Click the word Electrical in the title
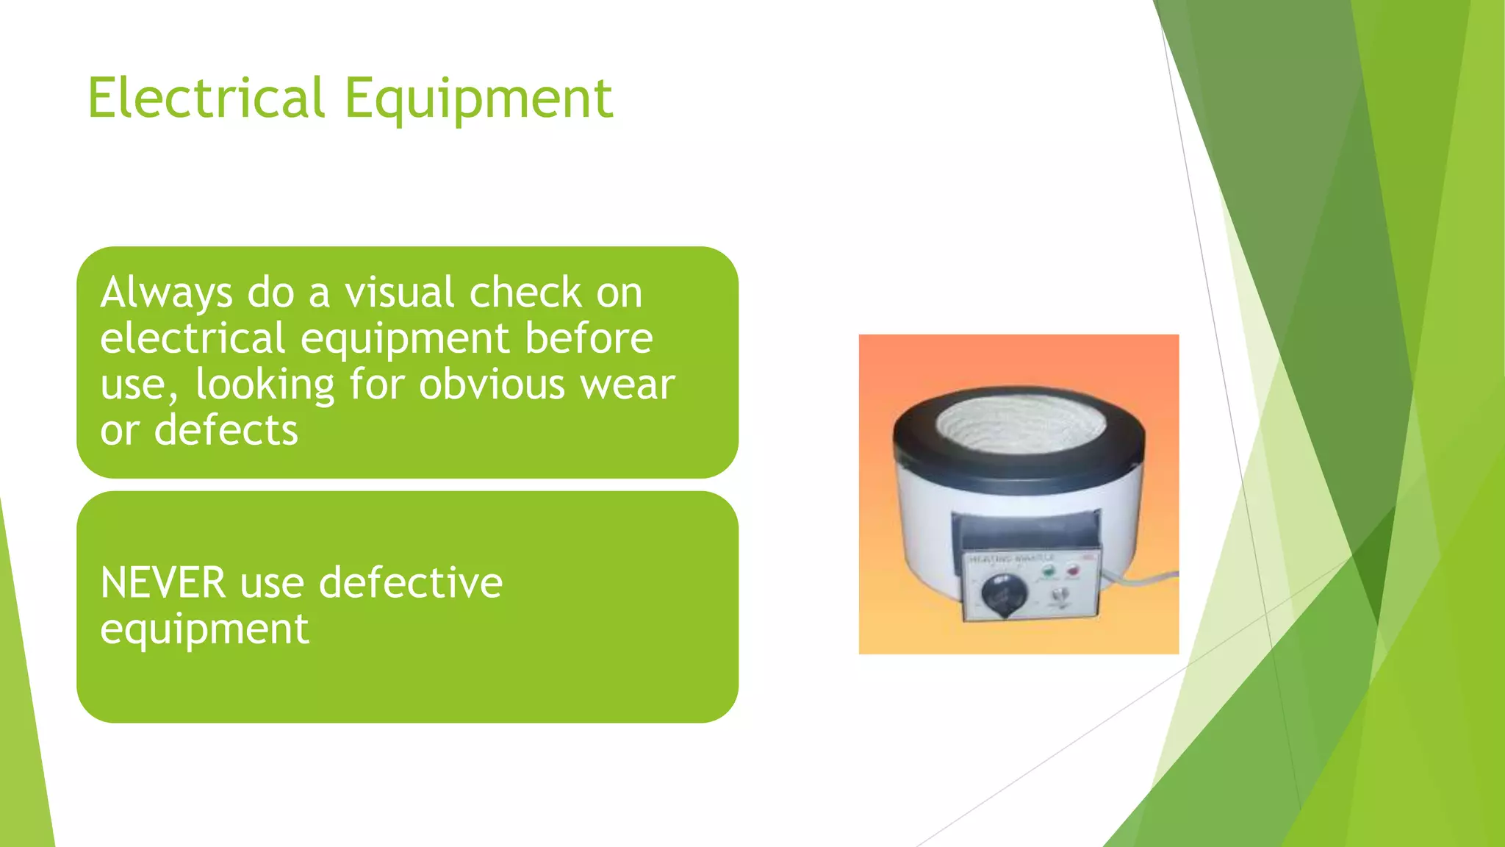click(206, 98)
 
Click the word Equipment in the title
click(478, 99)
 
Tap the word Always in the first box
click(167, 293)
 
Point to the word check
click(525, 292)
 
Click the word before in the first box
click(589, 338)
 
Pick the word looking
click(265, 385)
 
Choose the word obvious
click(492, 385)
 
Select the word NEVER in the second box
click(162, 583)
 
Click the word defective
click(411, 583)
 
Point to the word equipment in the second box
click(204, 629)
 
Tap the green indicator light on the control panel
click(1048, 570)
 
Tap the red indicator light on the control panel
click(1073, 570)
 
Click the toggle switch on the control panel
click(1058, 596)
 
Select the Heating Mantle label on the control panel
click(1011, 559)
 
